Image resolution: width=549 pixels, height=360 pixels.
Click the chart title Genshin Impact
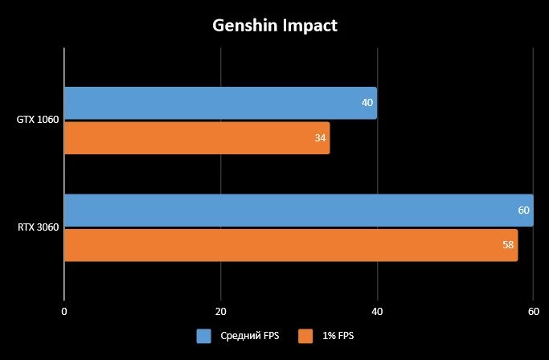(x=275, y=26)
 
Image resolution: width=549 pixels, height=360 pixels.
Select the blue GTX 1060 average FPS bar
(x=219, y=103)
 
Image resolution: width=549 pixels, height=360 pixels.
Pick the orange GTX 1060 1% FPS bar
(x=196, y=138)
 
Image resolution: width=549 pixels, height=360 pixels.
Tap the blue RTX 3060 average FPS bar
(x=297, y=211)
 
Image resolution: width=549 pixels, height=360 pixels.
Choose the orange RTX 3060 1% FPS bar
(x=290, y=245)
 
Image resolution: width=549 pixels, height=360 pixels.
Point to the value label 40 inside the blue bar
(x=367, y=103)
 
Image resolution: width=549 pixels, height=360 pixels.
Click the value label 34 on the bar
(x=320, y=138)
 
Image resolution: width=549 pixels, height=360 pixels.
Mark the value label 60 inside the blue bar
(x=523, y=211)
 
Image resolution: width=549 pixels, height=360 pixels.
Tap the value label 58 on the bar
(x=508, y=245)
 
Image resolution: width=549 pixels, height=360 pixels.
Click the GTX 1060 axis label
(x=37, y=121)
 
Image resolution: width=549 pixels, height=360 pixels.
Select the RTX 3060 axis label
(x=37, y=228)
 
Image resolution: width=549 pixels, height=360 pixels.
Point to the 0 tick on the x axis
(x=64, y=311)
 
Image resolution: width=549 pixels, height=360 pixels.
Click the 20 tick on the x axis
(x=220, y=311)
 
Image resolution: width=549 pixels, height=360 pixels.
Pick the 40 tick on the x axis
(x=376, y=311)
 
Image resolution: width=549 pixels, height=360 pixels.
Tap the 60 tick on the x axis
(x=532, y=311)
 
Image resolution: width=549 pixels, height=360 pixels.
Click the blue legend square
(x=203, y=336)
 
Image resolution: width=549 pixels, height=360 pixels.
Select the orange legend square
(x=305, y=336)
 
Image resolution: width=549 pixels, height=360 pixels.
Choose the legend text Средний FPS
(x=249, y=336)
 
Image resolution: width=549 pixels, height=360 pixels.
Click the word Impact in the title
(x=309, y=26)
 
